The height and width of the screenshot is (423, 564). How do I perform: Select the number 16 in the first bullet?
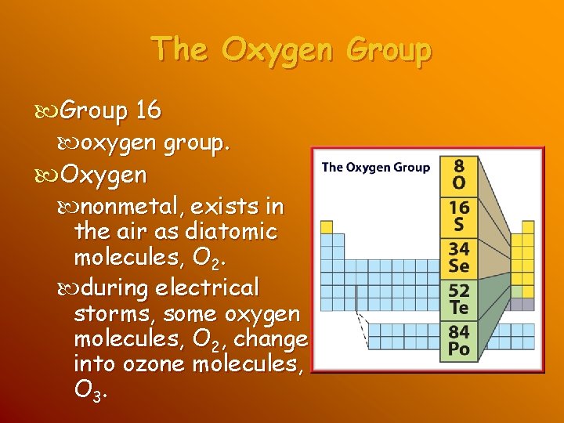147,111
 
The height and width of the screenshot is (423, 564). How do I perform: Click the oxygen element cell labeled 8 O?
458,175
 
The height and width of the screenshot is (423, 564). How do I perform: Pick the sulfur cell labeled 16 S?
458,215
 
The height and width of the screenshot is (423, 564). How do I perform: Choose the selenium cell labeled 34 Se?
459,257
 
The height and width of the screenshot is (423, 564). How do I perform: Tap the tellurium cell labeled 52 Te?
459,298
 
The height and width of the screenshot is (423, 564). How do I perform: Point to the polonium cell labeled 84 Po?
459,339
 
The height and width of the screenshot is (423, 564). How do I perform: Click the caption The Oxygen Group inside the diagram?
376,167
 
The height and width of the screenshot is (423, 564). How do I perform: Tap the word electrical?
207,288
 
